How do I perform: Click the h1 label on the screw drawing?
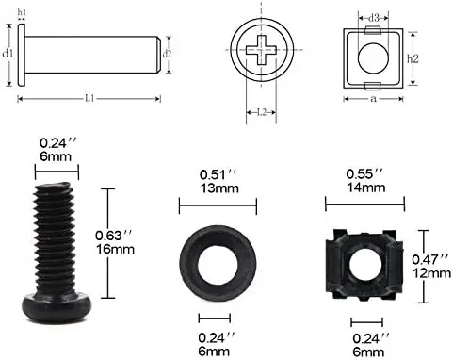(x=22, y=12)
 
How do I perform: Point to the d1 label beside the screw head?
(x=8, y=55)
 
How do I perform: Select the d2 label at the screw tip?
(x=168, y=53)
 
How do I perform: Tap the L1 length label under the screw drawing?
(x=88, y=98)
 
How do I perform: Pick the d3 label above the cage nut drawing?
(x=374, y=17)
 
